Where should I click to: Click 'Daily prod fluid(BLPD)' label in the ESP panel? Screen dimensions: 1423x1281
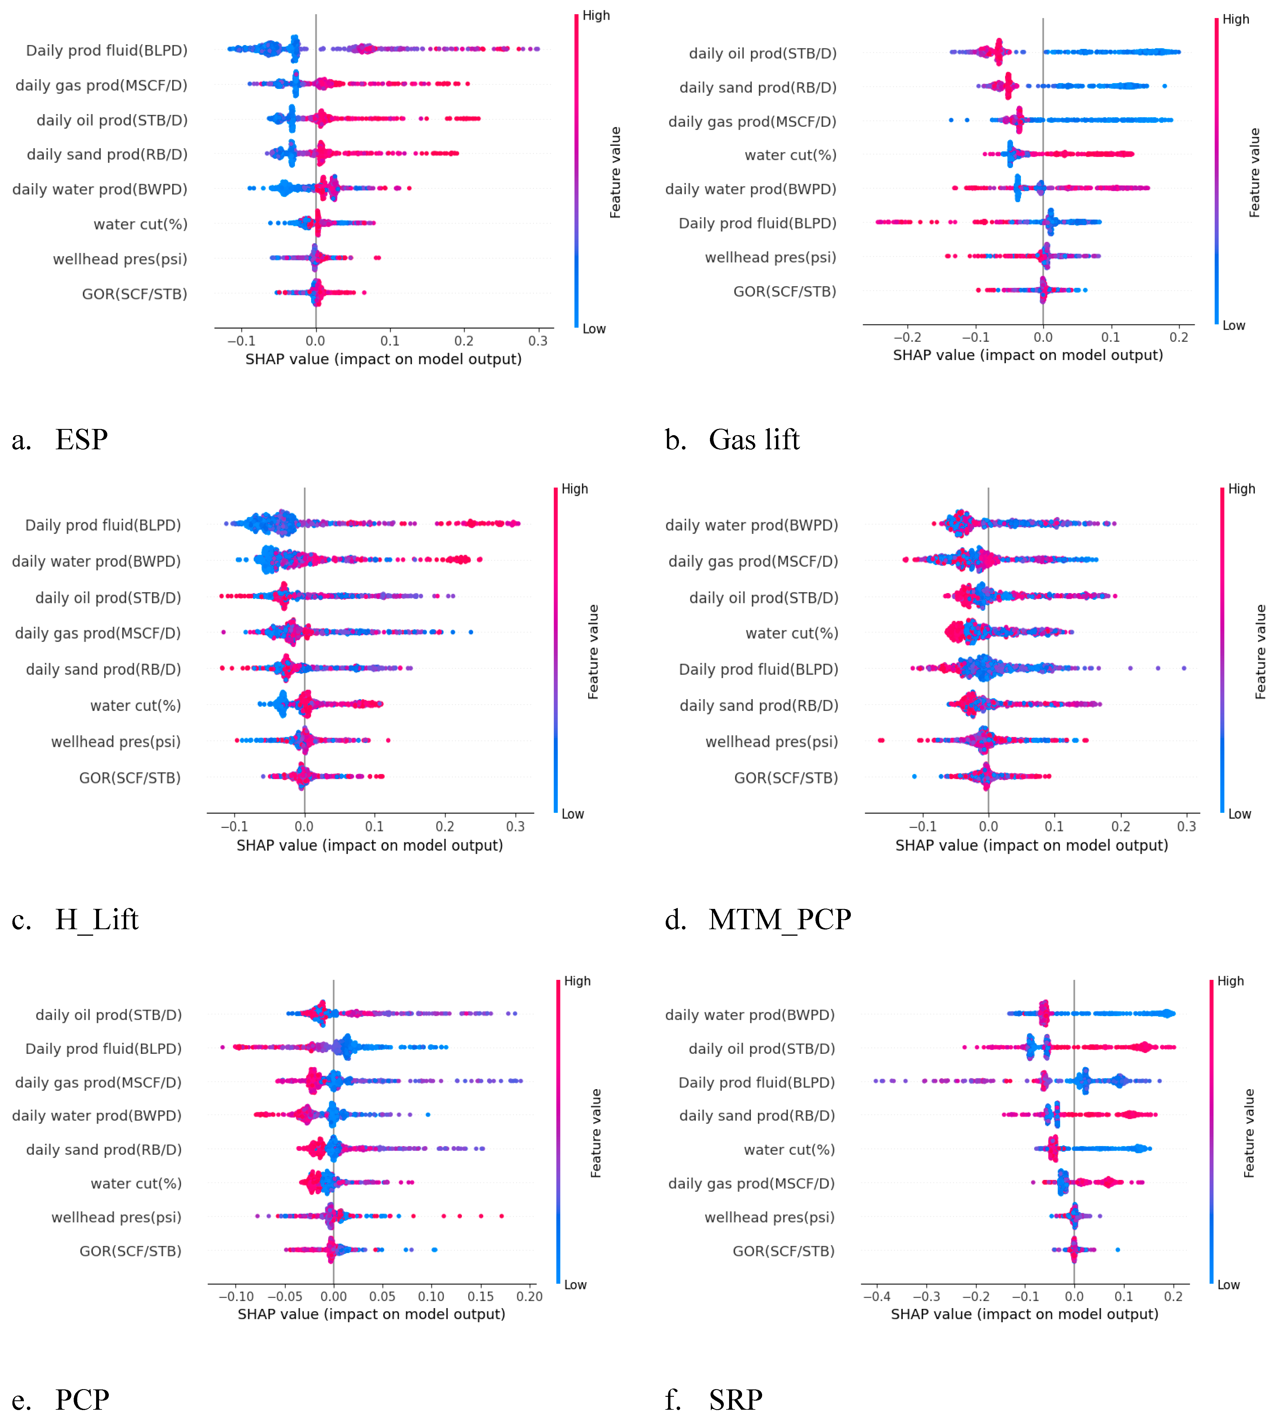tap(107, 51)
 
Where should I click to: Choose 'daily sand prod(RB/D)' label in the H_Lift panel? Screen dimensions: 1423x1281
tap(103, 669)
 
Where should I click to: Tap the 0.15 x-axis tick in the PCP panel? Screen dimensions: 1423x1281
tap(481, 1296)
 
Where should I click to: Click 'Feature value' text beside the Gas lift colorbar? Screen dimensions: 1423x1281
tap(1254, 172)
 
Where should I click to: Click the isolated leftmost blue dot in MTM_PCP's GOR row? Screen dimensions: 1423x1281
tap(914, 777)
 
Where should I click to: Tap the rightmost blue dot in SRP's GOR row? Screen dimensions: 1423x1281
tap(1118, 1250)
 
